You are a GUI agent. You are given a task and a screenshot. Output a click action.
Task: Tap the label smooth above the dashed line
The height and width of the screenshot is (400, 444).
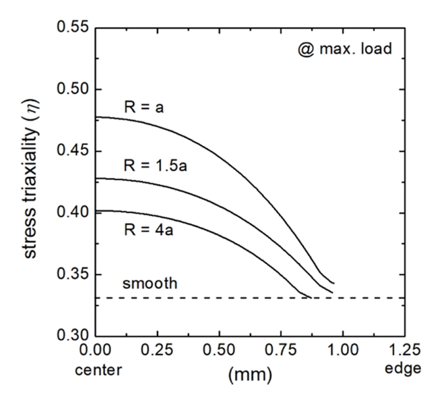point(150,284)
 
